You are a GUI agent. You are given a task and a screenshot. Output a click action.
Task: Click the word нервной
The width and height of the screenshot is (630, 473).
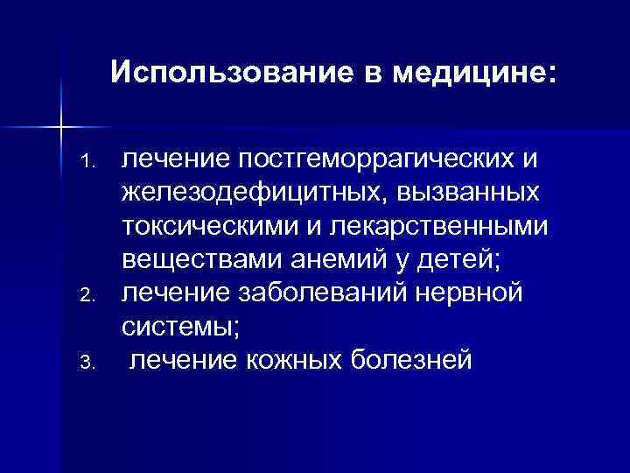coord(472,291)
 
